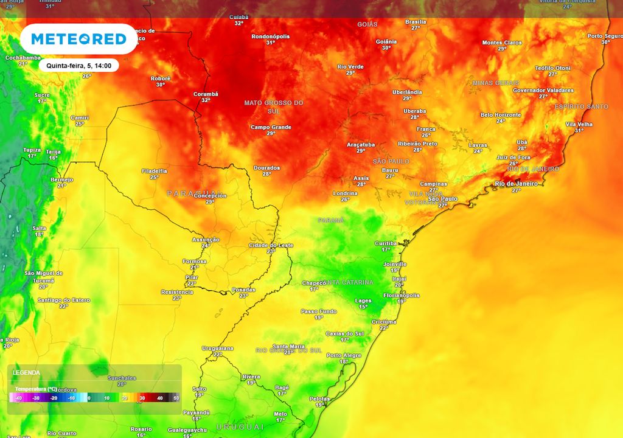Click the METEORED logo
point(78,40)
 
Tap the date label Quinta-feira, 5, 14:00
point(78,65)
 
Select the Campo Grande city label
point(271,127)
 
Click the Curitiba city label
point(386,243)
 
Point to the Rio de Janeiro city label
point(516,184)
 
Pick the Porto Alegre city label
point(344,355)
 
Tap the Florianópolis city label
point(401,295)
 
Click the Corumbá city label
point(206,94)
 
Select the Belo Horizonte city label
point(501,114)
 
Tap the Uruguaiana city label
point(217,348)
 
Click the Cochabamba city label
point(23,57)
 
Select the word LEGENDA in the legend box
point(26,372)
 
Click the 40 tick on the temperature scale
point(159,398)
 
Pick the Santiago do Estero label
point(63,300)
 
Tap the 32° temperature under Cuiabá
point(238,23)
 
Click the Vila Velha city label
point(579,124)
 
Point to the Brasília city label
point(416,21)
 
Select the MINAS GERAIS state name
point(496,83)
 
